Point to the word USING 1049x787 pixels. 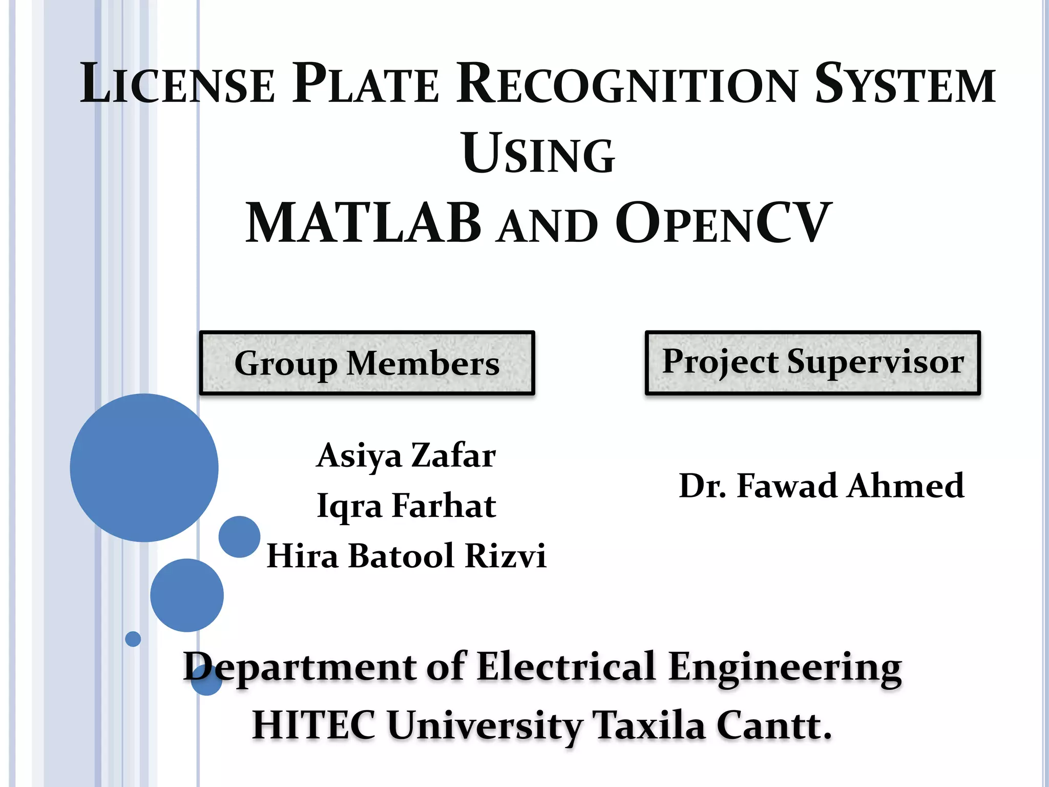(538, 154)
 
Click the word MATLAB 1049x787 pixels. (364, 224)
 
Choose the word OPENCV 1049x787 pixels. (723, 224)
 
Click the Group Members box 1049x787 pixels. (367, 363)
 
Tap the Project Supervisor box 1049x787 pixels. (812, 363)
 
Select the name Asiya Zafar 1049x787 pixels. (406, 455)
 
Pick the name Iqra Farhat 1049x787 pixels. (406, 506)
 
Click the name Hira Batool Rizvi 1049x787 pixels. (406, 556)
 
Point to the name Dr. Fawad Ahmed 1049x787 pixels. (821, 486)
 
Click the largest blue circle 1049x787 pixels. (144, 467)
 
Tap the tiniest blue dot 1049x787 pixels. (133, 639)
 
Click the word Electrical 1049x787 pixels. (566, 667)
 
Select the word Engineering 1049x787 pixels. (785, 667)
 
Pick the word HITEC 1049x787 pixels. (313, 726)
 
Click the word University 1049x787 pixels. (485, 726)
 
